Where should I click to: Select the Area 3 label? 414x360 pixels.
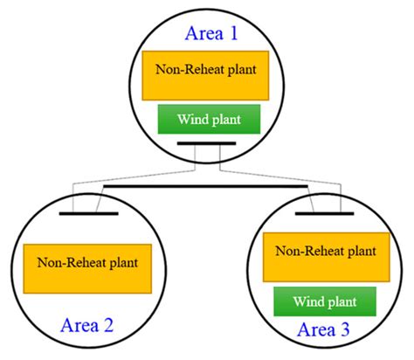pyautogui.click(x=325, y=329)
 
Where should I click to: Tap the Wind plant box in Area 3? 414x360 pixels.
pyautogui.click(x=325, y=301)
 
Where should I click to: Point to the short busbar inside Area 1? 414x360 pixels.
pyautogui.click(x=206, y=143)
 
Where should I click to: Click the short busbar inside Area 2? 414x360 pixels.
pyautogui.click(x=88, y=212)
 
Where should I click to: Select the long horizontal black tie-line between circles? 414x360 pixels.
pyautogui.click(x=206, y=185)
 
